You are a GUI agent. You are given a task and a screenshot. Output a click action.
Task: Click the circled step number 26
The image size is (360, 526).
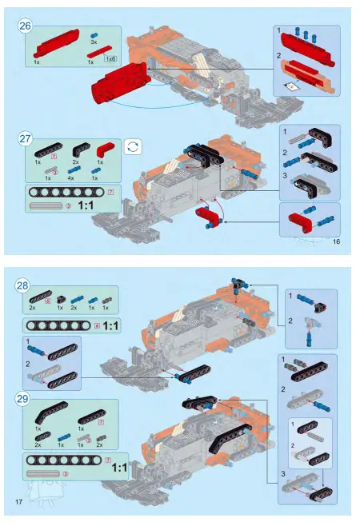coord(26,26)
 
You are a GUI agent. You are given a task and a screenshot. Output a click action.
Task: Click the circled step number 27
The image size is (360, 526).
coord(26,139)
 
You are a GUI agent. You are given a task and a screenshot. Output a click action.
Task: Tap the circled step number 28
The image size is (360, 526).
coord(23,285)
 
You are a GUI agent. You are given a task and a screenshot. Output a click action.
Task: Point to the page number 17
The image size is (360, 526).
coord(18,501)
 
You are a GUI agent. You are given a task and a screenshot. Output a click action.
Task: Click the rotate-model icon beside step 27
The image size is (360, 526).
coord(133,145)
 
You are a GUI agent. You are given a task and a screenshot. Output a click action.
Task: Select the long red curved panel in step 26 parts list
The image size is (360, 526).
coord(57,39)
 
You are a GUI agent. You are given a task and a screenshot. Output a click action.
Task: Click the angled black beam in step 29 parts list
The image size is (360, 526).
coord(50,415)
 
